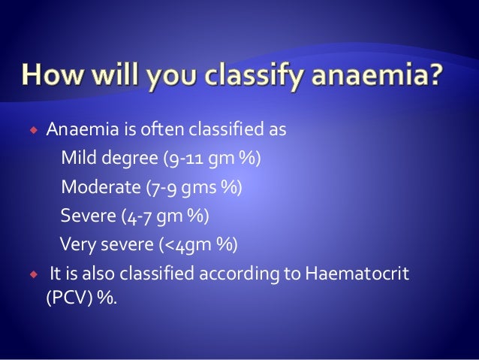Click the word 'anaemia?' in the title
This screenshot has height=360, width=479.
[x=377, y=74]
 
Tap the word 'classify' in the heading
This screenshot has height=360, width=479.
[x=256, y=76]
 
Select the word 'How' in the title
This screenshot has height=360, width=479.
[x=52, y=74]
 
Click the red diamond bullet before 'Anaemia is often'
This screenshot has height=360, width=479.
[x=34, y=130]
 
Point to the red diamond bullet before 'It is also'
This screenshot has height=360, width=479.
[x=34, y=274]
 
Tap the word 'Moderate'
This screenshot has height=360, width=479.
[x=101, y=186]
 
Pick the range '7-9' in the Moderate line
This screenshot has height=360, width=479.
[x=163, y=187]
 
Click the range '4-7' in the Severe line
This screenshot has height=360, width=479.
[x=139, y=216]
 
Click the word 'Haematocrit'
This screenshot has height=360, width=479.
[x=357, y=273]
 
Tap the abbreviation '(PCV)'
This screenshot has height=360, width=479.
[x=69, y=297]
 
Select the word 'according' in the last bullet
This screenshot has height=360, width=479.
[x=239, y=274]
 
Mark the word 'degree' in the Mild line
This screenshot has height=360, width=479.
[x=129, y=158]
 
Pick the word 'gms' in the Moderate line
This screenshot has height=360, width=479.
[x=198, y=188]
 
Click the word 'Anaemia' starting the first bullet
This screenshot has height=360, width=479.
[x=83, y=129]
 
